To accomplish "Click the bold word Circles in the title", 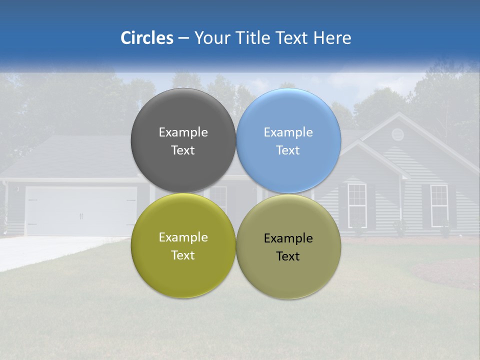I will coord(147,38).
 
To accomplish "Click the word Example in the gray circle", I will coord(183,132).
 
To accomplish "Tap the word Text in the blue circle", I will coord(288,150).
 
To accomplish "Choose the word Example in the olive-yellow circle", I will coord(183,237).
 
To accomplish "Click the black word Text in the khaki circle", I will coord(288,256).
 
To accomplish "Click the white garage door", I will coord(80,211).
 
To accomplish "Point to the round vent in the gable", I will coord(397,134).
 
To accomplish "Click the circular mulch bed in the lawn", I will coord(445,272).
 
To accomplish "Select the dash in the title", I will coord(183,38).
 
